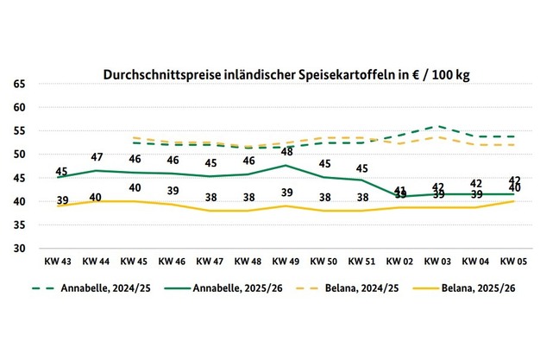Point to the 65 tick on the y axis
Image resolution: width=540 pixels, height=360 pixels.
(20, 84)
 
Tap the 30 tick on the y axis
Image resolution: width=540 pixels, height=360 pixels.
(20, 249)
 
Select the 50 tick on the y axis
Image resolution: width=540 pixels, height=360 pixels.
(20, 155)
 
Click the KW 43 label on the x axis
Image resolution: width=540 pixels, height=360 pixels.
(59, 259)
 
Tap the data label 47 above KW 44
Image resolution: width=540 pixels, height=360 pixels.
(97, 158)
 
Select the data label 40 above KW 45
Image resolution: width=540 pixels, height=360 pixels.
(135, 189)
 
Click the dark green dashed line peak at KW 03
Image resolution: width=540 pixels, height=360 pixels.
(439, 126)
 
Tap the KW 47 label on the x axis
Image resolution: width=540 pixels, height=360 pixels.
(211, 259)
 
